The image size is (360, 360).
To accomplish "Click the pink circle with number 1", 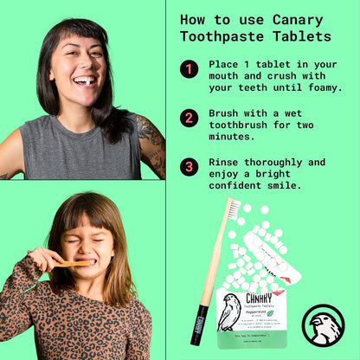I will click(x=190, y=69).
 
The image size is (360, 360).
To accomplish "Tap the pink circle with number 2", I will click(x=190, y=118).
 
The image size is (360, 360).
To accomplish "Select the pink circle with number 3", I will click(x=190, y=166).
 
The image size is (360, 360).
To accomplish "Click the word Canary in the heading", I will click(x=302, y=18).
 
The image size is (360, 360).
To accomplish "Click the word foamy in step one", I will click(x=319, y=87).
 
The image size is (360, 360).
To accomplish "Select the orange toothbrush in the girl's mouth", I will click(x=73, y=262).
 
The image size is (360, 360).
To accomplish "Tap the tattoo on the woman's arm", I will click(x=152, y=143).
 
